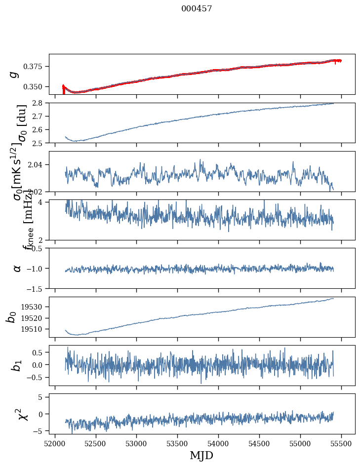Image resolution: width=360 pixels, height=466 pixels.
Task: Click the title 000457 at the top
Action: click(197, 9)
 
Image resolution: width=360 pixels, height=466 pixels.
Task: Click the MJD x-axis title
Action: click(201, 455)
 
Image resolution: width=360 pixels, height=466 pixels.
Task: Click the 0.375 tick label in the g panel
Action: click(36, 66)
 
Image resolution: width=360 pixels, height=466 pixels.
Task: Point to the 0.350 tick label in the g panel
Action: click(36, 86)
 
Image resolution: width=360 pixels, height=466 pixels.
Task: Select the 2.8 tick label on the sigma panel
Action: click(40, 103)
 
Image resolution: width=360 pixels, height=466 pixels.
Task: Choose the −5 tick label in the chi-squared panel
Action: click(41, 431)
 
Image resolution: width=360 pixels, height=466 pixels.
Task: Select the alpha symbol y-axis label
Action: click(17, 268)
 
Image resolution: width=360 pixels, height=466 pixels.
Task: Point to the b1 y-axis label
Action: click(16, 366)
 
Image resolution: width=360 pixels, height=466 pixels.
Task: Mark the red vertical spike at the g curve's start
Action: click(63, 88)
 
